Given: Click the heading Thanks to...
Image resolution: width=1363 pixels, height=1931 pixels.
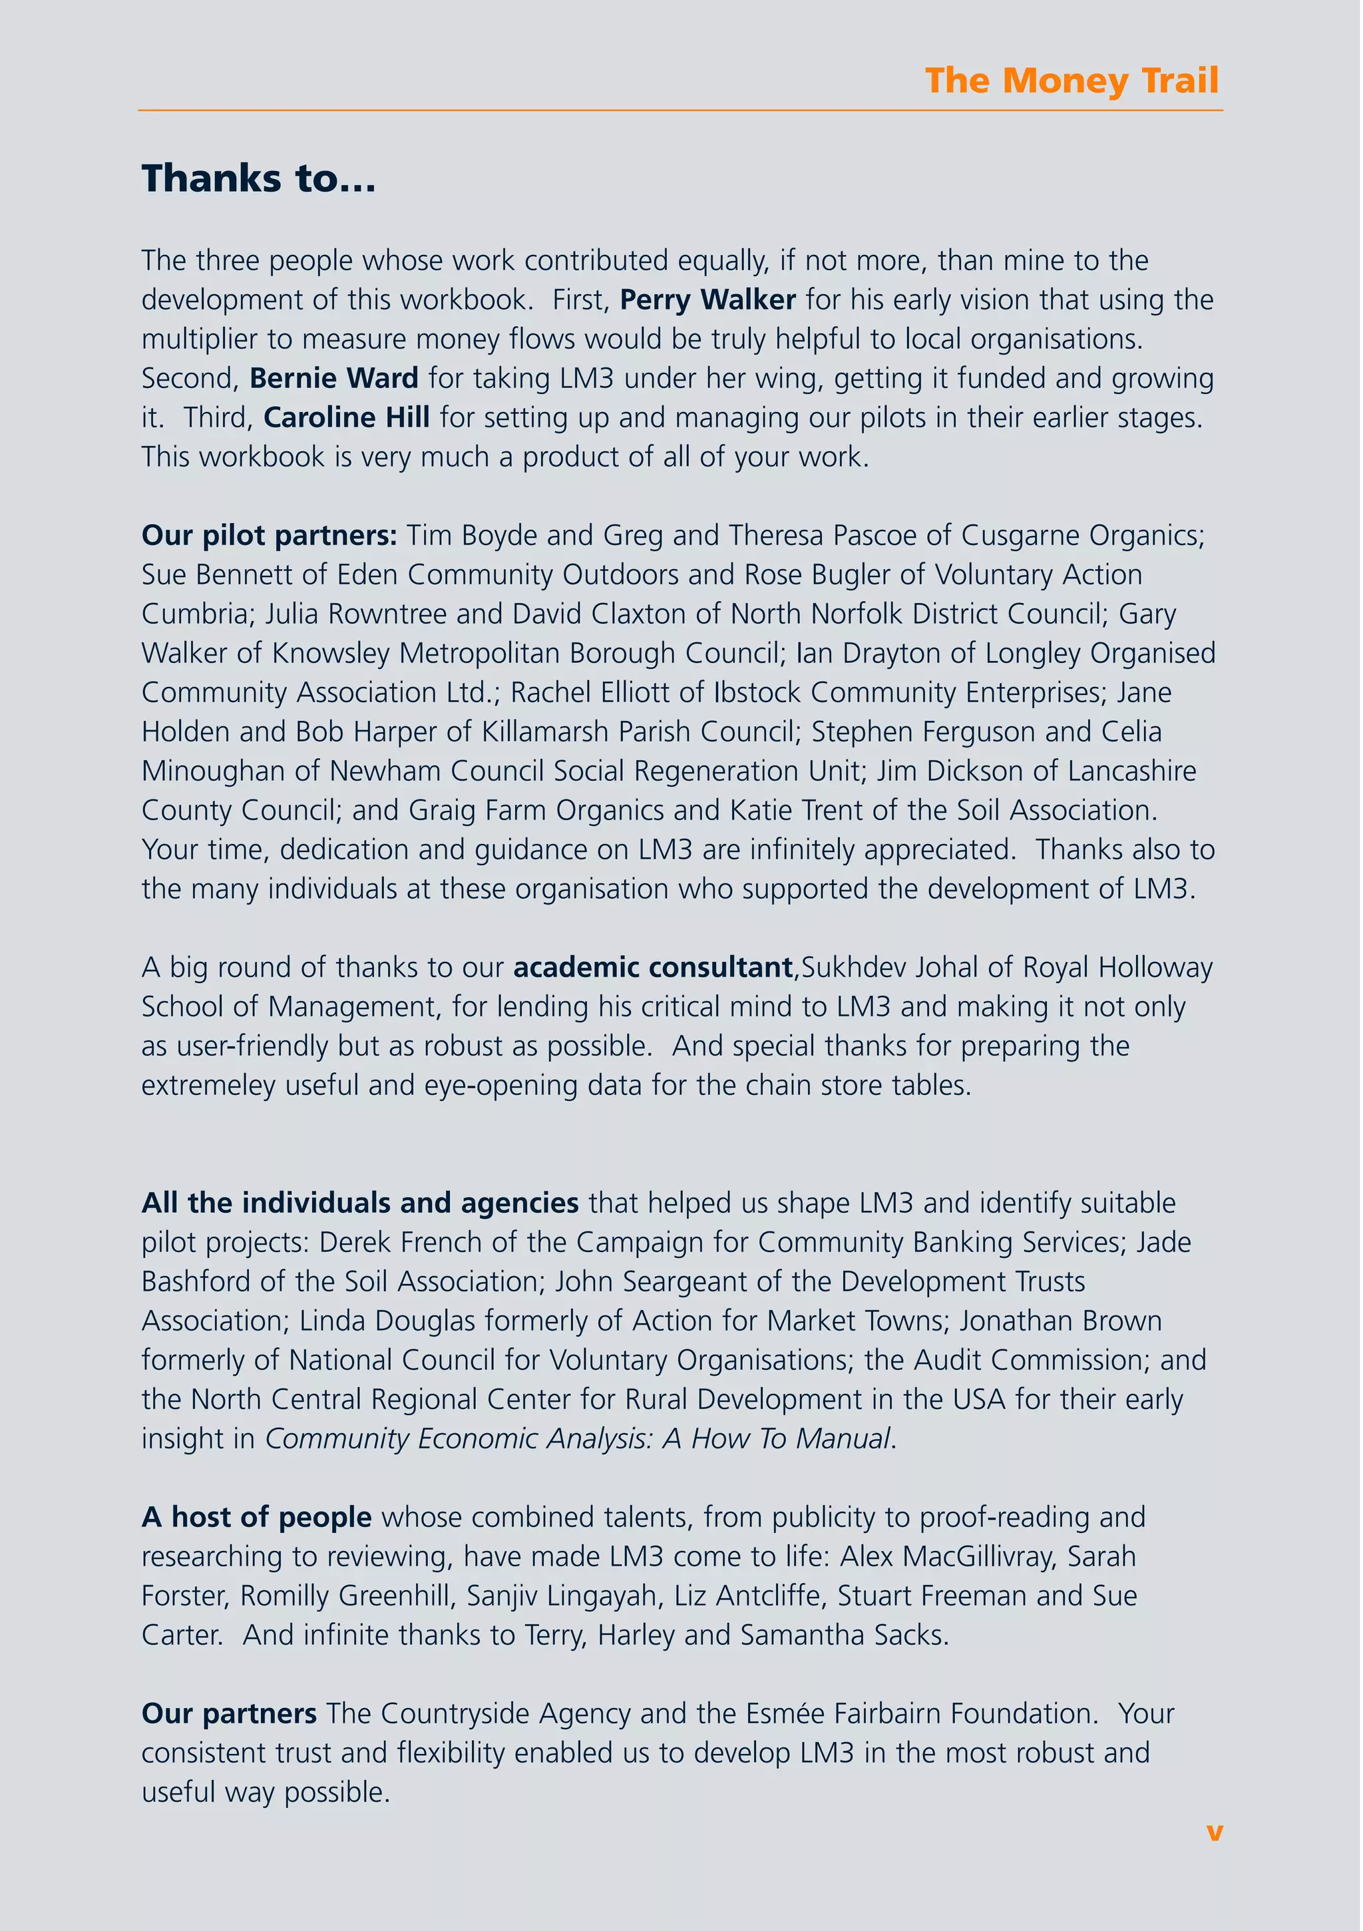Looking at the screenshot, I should [258, 179].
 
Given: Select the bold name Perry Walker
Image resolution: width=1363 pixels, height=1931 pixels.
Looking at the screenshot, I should [707, 300].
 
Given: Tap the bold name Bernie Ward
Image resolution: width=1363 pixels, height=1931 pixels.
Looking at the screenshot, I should [334, 379].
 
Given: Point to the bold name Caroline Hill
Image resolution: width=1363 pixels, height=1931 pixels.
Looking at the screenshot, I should [347, 418].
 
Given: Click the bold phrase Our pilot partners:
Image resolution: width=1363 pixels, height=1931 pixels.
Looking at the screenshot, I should [269, 536].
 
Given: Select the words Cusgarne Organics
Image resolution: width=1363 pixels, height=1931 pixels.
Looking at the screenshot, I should [1082, 536].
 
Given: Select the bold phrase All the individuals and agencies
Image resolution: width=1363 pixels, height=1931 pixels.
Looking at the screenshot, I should [360, 1203].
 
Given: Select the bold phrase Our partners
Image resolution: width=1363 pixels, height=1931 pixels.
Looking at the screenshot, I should [229, 1714].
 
